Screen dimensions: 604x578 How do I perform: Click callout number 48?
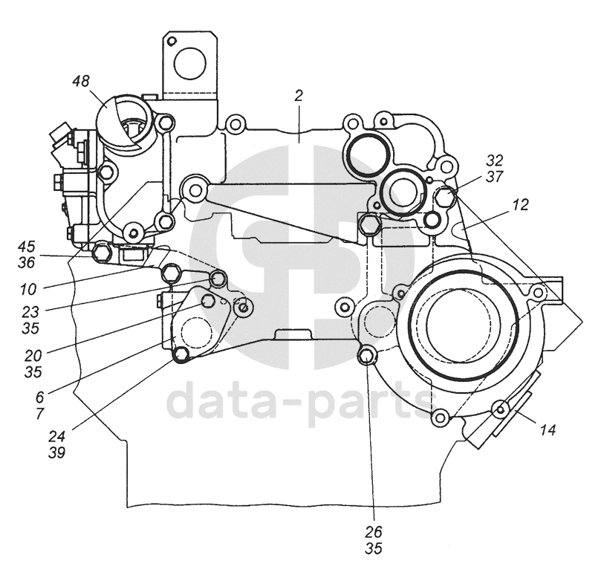pyautogui.click(x=81, y=81)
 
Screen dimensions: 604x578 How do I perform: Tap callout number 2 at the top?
pyautogui.click(x=299, y=96)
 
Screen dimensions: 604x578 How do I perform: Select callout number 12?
pyautogui.click(x=520, y=204)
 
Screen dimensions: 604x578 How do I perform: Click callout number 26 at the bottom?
pyautogui.click(x=373, y=532)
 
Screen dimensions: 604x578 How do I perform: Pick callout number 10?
pyautogui.click(x=28, y=289)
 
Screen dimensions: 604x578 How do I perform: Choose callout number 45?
pyautogui.click(x=26, y=246)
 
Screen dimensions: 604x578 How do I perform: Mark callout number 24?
pyautogui.click(x=56, y=436)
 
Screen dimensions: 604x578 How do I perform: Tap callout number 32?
pyautogui.click(x=495, y=160)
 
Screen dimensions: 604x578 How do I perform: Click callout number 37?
pyautogui.click(x=495, y=177)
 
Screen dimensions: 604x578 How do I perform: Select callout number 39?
pyautogui.click(x=56, y=452)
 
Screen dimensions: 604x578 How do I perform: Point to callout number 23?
pyautogui.click(x=30, y=311)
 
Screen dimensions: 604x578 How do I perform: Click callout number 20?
pyautogui.click(x=33, y=355)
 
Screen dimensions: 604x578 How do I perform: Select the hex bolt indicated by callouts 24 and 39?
pyautogui.click(x=181, y=354)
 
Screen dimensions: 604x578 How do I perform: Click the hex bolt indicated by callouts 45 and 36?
pyautogui.click(x=101, y=253)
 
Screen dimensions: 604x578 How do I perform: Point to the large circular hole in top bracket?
pyautogui.click(x=189, y=63)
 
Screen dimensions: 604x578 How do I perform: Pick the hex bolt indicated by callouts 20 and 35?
pyautogui.click(x=208, y=301)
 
